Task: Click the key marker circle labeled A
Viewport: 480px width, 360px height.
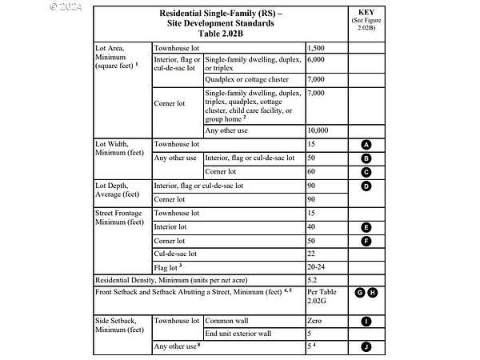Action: (366, 145)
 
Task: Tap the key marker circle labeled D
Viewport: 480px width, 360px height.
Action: (366, 186)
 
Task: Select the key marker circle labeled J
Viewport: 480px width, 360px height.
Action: (366, 347)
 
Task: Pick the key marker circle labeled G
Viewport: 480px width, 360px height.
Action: (361, 293)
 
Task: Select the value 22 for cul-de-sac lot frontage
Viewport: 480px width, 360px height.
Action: (312, 254)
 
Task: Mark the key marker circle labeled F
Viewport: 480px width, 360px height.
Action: (366, 240)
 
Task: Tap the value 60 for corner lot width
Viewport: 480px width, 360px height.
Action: (312, 172)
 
